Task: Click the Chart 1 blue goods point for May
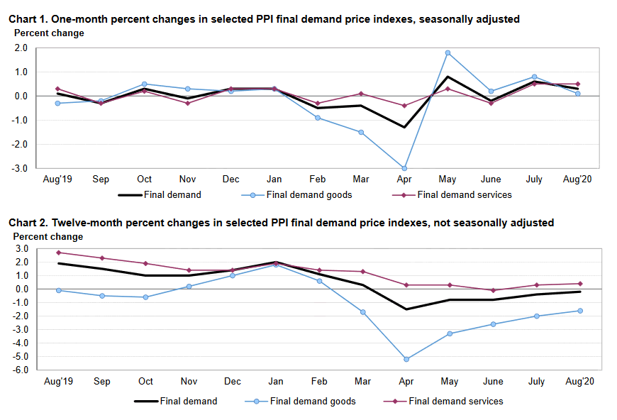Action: pos(448,52)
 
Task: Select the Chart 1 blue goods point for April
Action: pos(405,168)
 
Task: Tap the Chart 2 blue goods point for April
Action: pos(405,359)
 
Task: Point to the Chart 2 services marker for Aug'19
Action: pos(58,253)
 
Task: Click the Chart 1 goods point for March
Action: pos(361,132)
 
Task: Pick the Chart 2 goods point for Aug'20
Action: pos(579,311)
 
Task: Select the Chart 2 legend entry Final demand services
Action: pos(457,401)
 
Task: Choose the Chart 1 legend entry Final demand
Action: pos(172,194)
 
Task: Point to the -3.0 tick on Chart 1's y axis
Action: pos(20,168)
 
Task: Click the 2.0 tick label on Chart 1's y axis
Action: pos(21,48)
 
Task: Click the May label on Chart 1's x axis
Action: pos(448,179)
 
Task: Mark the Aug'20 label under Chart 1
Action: pos(577,179)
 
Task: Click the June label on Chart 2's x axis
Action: pos(491,382)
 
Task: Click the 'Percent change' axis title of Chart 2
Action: pos(48,237)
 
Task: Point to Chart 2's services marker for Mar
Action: pos(362,272)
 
